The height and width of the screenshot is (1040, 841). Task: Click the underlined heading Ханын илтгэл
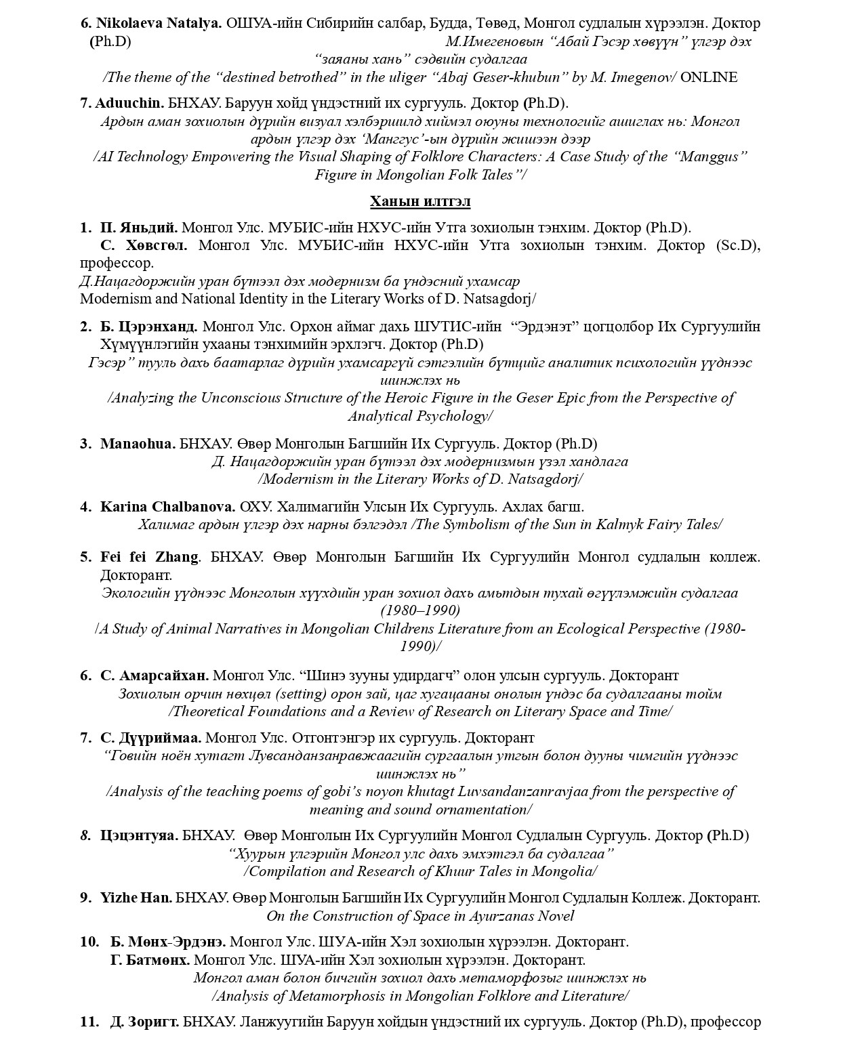[420, 201]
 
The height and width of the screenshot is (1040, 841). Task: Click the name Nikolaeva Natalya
[159, 23]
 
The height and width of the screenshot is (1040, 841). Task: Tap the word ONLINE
[708, 77]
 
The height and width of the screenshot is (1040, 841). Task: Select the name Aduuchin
[129, 103]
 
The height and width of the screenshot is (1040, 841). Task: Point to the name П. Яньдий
[139, 228]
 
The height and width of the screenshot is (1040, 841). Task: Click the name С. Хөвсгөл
[144, 245]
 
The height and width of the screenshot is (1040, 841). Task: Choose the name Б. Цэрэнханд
[149, 327]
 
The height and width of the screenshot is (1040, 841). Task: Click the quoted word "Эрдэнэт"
[541, 327]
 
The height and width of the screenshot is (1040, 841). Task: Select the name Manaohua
[138, 444]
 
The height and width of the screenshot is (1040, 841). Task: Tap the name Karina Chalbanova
[167, 507]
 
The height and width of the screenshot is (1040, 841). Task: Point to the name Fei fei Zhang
[149, 557]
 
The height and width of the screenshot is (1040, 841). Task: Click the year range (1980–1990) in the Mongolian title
[420, 610]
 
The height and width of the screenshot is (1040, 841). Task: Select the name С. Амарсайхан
[155, 675]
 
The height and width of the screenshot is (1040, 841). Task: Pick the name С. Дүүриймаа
[150, 738]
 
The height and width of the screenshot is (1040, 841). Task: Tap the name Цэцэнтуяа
[139, 835]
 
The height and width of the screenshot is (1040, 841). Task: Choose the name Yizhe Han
[136, 898]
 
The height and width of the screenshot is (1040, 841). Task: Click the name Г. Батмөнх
[150, 960]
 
